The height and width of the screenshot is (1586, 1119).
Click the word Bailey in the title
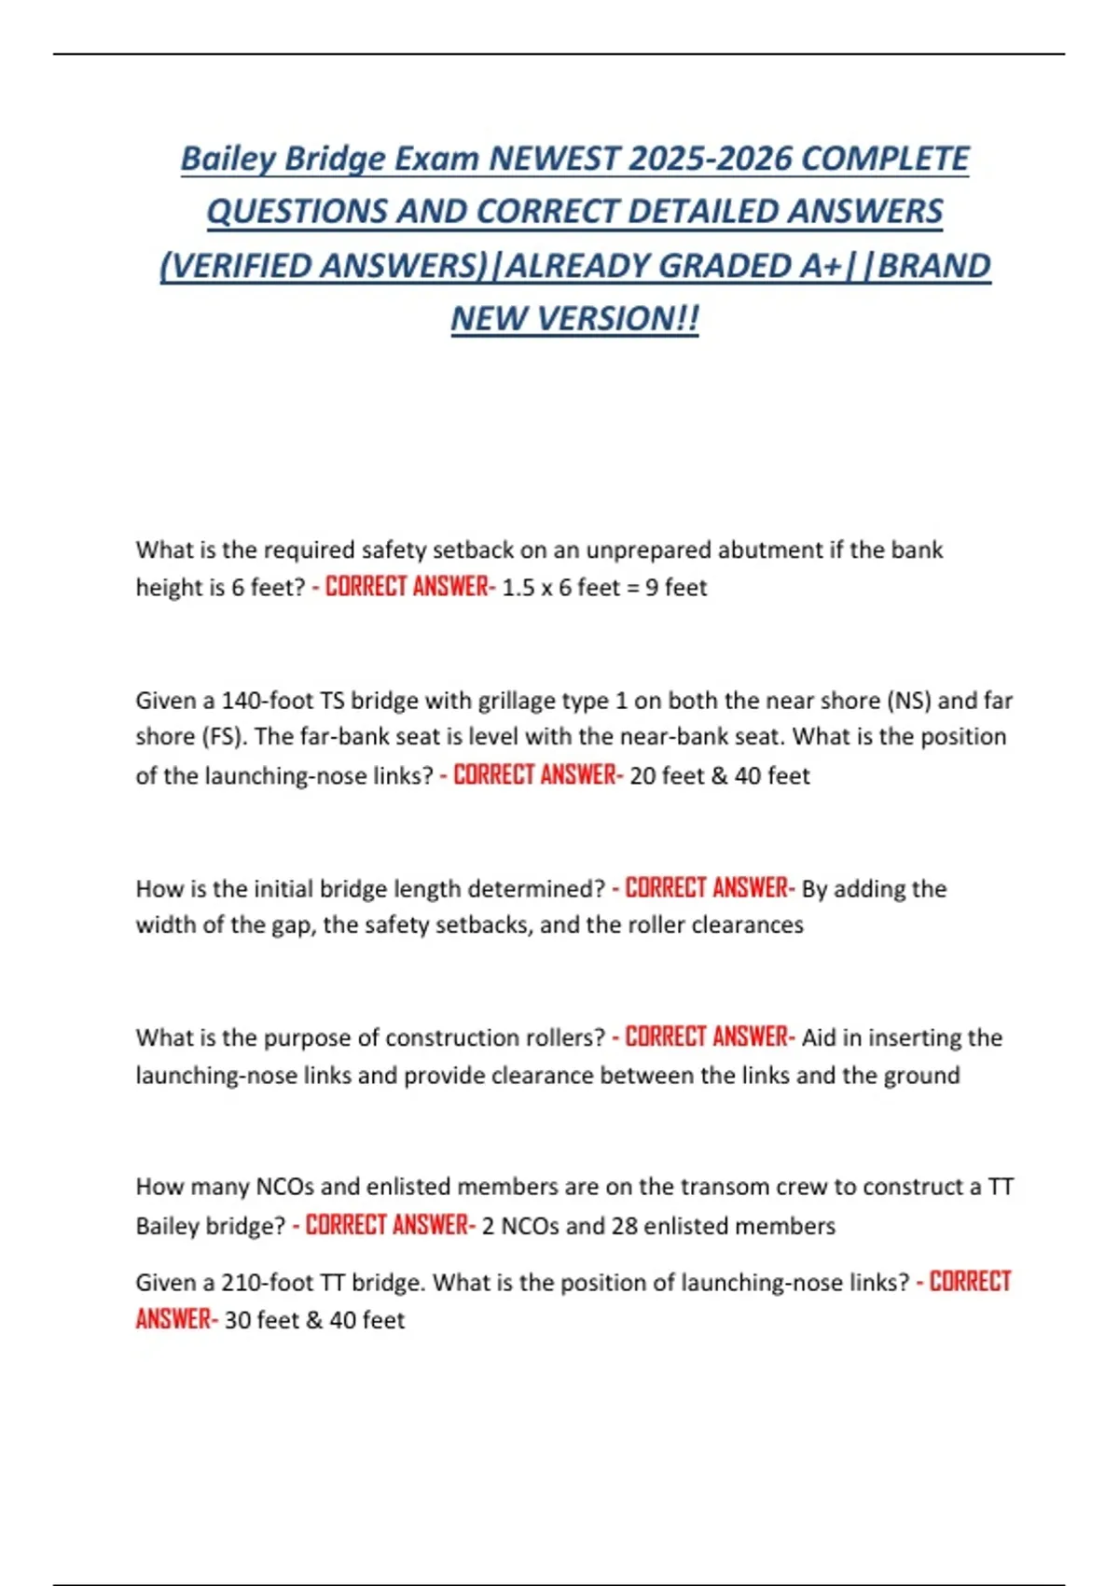[228, 159]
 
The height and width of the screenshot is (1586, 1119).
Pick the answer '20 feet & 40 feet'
[719, 775]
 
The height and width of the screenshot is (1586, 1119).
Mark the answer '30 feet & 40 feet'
[314, 1321]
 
